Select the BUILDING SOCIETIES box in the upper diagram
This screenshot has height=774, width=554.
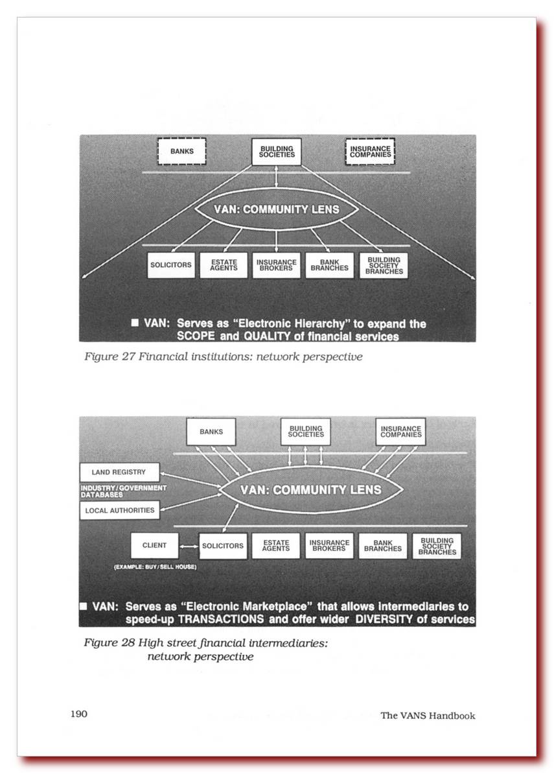tap(277, 152)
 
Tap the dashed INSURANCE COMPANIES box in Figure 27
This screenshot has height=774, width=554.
tap(371, 152)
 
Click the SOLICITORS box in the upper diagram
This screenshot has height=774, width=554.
tap(171, 265)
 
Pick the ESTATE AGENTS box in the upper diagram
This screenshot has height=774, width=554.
tap(224, 265)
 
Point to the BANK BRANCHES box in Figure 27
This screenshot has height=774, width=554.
tap(329, 265)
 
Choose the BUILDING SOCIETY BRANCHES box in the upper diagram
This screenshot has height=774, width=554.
tap(384, 265)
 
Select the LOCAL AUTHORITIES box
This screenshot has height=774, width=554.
tap(120, 510)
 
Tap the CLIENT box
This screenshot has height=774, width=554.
tap(154, 546)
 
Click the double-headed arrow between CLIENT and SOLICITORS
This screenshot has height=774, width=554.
tap(189, 546)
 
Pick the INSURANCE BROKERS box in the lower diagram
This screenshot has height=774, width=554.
tap(329, 546)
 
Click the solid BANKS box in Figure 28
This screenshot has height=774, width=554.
tap(211, 432)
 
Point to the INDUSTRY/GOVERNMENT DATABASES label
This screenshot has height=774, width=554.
tap(123, 491)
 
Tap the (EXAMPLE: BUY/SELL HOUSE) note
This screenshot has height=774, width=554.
tap(155, 567)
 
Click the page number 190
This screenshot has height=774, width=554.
tap(79, 714)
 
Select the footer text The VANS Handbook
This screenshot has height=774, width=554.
tap(428, 716)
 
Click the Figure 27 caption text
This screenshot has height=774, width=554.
tap(223, 357)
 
